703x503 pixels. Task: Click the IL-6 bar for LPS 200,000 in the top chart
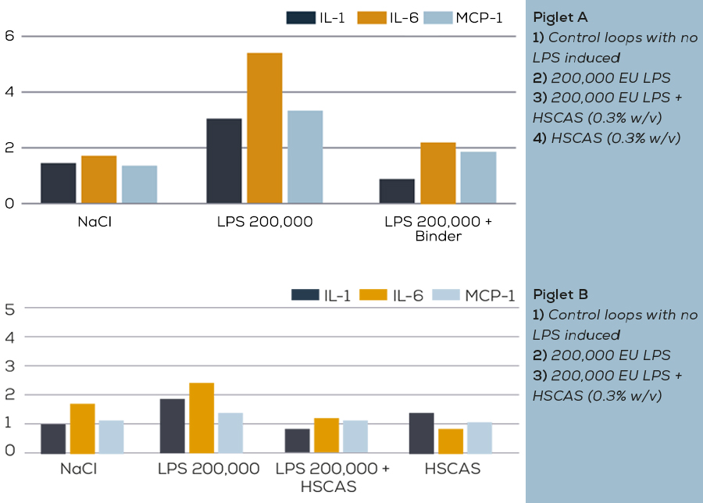point(264,129)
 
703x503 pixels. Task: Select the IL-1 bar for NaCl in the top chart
point(58,184)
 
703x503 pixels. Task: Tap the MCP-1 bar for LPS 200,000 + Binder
point(478,178)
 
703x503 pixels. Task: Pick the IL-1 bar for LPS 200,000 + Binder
point(397,191)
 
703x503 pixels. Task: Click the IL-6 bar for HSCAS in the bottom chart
point(450,441)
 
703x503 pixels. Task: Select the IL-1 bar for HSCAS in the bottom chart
point(421,433)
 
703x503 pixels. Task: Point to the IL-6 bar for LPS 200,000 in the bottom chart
point(202,419)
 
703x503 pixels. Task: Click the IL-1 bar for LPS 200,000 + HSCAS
point(297,441)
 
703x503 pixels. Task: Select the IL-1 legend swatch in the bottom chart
point(305,294)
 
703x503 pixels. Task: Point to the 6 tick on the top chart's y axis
point(9,36)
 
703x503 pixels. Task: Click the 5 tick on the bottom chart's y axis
point(10,309)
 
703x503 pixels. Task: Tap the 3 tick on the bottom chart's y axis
point(10,366)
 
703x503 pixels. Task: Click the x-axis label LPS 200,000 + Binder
point(438,229)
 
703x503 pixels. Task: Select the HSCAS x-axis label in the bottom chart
point(452,469)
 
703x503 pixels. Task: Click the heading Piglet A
point(560,17)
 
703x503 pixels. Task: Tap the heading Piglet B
point(560,295)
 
